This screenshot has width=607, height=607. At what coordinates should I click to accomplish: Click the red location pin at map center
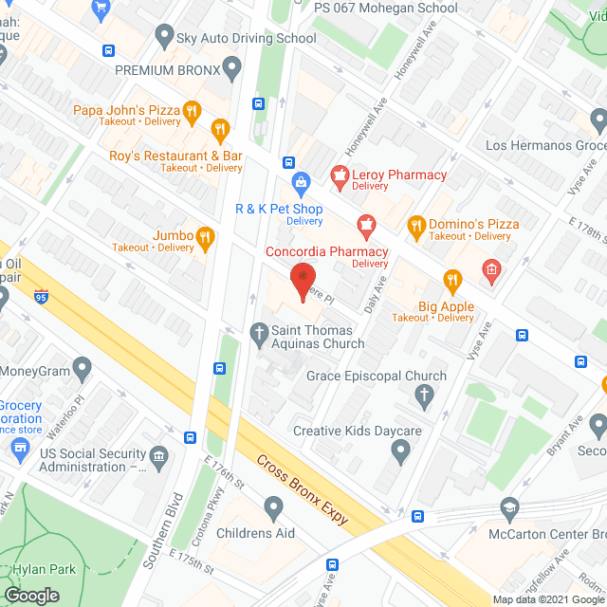tap(303, 281)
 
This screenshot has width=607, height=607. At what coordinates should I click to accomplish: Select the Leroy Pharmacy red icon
tap(337, 175)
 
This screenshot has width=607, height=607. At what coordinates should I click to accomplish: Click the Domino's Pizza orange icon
tap(414, 225)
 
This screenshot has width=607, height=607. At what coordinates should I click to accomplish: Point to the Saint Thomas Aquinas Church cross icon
tap(257, 333)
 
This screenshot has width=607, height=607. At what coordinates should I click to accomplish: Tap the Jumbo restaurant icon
tap(204, 236)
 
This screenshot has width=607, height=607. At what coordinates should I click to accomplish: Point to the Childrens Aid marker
tap(274, 510)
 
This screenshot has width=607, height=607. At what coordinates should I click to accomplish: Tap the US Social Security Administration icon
tap(158, 458)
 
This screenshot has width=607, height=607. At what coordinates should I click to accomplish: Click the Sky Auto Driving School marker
tap(162, 39)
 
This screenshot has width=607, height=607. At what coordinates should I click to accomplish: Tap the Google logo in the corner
tap(31, 595)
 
